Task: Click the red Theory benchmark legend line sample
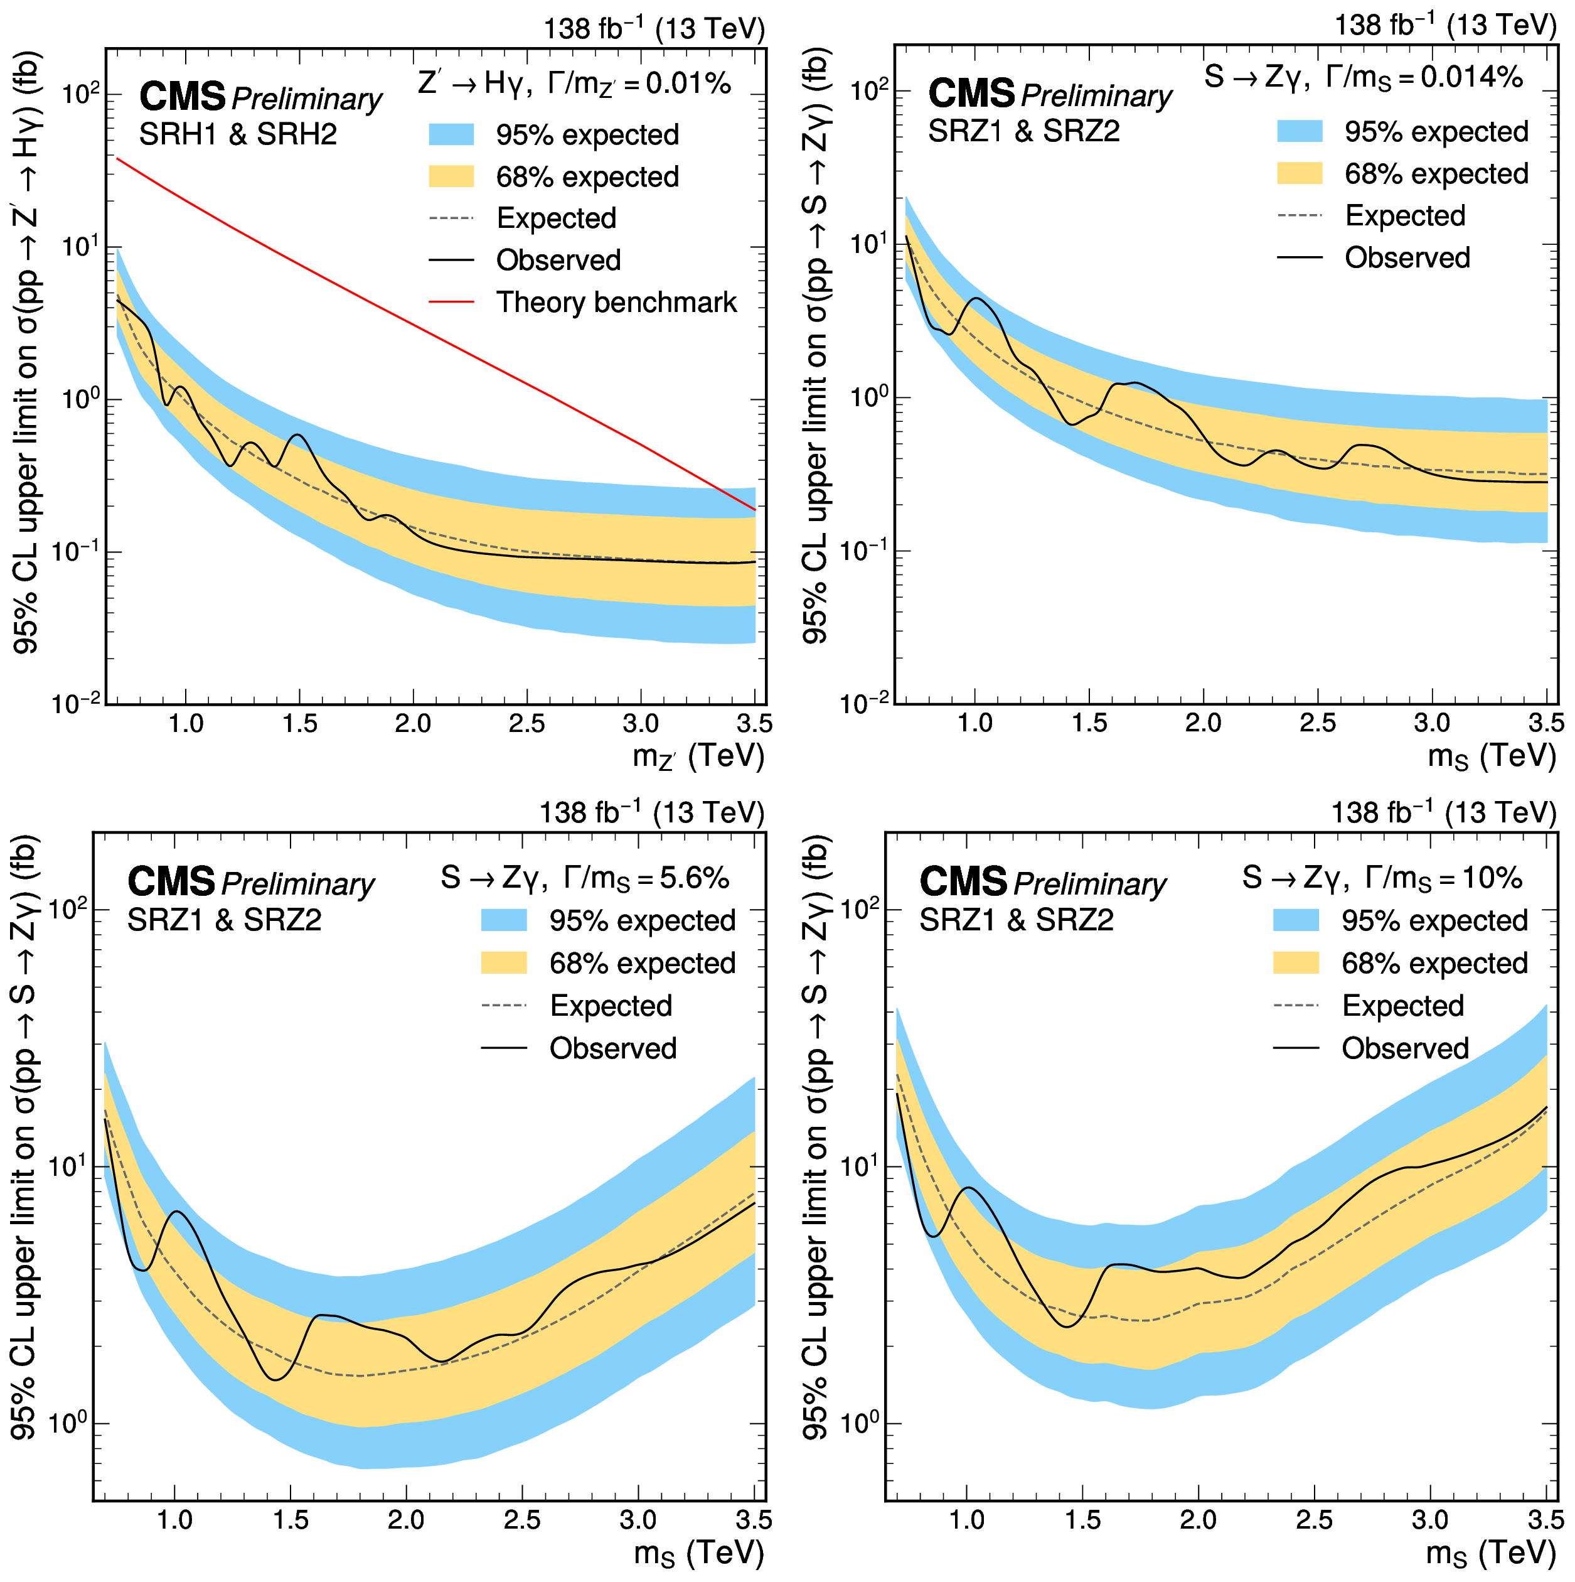coord(451,302)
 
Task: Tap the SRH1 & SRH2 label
coord(237,134)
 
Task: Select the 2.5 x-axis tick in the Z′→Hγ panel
coord(526,724)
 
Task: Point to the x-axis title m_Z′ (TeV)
coord(697,756)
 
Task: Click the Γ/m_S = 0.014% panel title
coord(1363,78)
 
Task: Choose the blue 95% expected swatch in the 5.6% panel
coord(503,920)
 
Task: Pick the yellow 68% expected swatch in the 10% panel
coord(1296,963)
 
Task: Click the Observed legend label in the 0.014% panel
coord(1407,258)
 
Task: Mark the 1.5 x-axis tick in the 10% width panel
coord(1082,1520)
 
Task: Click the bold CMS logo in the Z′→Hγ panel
coord(183,97)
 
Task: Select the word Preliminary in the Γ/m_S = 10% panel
coord(1089,885)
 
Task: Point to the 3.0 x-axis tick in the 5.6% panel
coord(638,1520)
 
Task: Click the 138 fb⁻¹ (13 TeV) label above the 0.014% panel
coord(1445,25)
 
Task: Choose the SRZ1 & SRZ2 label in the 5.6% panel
coord(224,920)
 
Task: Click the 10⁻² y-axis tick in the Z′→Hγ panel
coord(76,703)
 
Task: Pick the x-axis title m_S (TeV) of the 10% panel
coord(1491,1552)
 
